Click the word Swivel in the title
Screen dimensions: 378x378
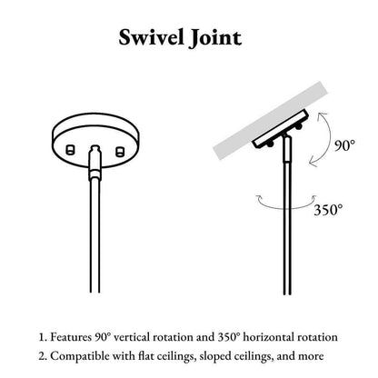[151, 37]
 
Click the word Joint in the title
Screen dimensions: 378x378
[215, 38]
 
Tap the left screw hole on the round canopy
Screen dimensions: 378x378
[70, 150]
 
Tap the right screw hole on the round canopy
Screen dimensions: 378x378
[120, 151]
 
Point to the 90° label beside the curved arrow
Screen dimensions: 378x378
[344, 145]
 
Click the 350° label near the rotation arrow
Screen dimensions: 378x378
[328, 210]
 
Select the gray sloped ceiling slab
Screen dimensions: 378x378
[272, 120]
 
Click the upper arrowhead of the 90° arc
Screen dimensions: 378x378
[322, 116]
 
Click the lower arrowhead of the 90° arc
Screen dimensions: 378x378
[313, 163]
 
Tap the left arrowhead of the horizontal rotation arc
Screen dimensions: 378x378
[260, 199]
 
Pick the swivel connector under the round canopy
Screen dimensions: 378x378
[95, 162]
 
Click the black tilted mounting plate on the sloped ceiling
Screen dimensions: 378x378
[281, 129]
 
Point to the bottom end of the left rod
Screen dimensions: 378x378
[95, 292]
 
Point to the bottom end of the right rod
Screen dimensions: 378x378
[287, 293]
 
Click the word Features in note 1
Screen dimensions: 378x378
[71, 337]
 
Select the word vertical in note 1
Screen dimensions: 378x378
[132, 337]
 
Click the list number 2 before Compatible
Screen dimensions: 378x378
[42, 356]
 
